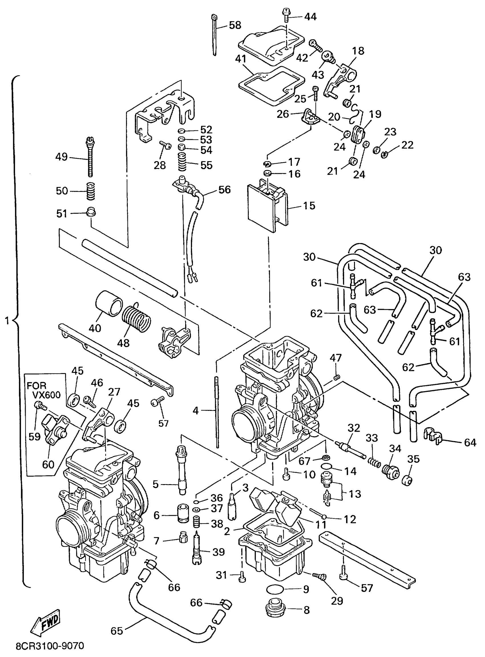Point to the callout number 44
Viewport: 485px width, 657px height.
[310, 17]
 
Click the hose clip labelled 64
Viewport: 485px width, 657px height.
[432, 435]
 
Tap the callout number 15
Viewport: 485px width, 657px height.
[309, 205]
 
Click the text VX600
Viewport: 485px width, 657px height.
[47, 395]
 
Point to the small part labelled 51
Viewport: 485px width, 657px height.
[91, 212]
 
